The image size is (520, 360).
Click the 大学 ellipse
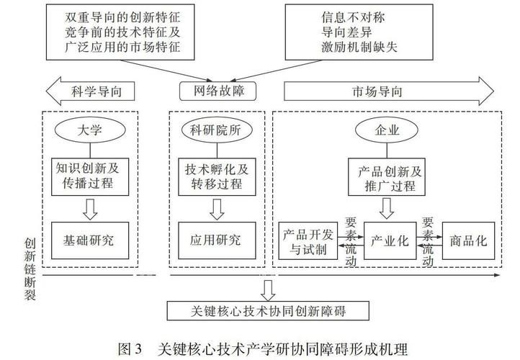click(90, 130)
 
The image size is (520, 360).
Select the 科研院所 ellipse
click(217, 130)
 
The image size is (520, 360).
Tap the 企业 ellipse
click(387, 130)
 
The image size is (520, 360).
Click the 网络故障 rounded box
click(218, 91)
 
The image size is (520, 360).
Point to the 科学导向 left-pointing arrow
click(90, 91)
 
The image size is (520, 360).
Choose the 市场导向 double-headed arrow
click(389, 91)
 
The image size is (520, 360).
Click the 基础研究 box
click(90, 240)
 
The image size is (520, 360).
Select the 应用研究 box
click(217, 240)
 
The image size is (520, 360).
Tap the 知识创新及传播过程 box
click(90, 176)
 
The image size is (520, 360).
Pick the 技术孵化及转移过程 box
click(217, 176)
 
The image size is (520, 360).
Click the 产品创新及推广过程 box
click(387, 176)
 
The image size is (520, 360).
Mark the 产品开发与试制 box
click(308, 240)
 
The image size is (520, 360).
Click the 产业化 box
click(390, 240)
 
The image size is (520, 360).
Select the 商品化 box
click(469, 240)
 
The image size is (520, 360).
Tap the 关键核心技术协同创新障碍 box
click(268, 310)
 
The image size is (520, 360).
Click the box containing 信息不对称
click(359, 32)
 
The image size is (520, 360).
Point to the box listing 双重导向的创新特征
click(120, 32)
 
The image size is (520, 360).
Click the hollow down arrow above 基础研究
click(90, 209)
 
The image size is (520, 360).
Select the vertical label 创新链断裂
click(30, 269)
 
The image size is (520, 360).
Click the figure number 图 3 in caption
click(130, 348)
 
